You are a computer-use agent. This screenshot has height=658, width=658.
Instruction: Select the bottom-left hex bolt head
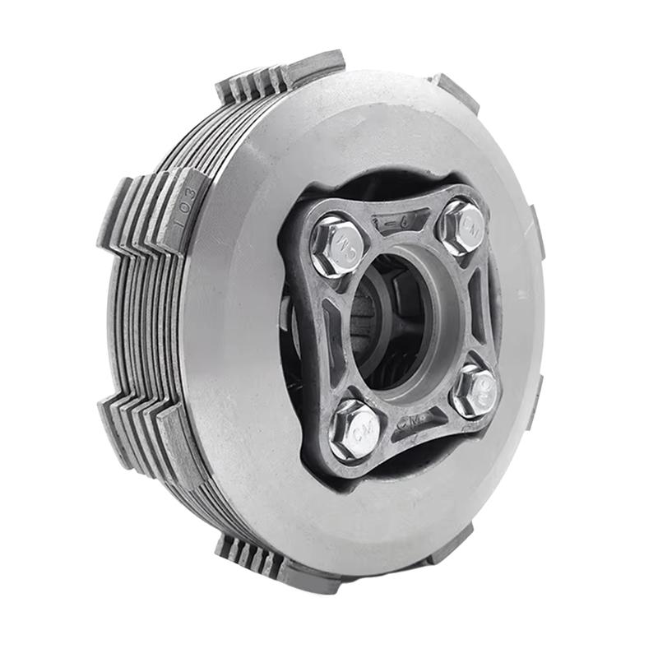tap(354, 430)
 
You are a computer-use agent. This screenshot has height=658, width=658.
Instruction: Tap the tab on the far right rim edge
tap(537, 239)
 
